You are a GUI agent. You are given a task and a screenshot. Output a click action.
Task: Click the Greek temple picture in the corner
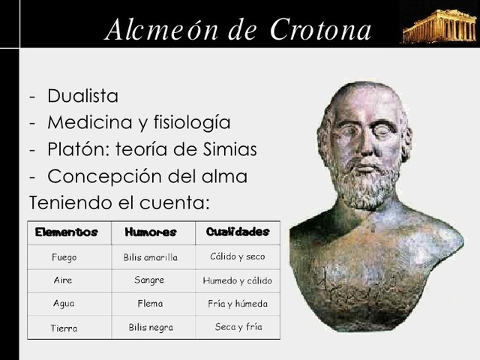click(439, 26)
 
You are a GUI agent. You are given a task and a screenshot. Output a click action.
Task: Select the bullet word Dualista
click(82, 96)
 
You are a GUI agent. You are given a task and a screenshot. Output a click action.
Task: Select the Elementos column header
click(67, 232)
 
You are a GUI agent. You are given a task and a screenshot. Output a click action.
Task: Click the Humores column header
click(151, 232)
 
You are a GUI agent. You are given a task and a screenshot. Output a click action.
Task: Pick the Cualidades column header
click(237, 232)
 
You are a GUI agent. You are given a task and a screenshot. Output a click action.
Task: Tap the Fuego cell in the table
click(64, 257)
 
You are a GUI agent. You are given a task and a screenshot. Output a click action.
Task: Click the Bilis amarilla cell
click(151, 257)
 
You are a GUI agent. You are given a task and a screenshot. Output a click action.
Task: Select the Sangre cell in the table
click(149, 280)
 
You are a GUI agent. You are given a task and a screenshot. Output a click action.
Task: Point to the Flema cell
click(150, 304)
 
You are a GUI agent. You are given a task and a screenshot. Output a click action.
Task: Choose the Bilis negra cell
click(151, 328)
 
